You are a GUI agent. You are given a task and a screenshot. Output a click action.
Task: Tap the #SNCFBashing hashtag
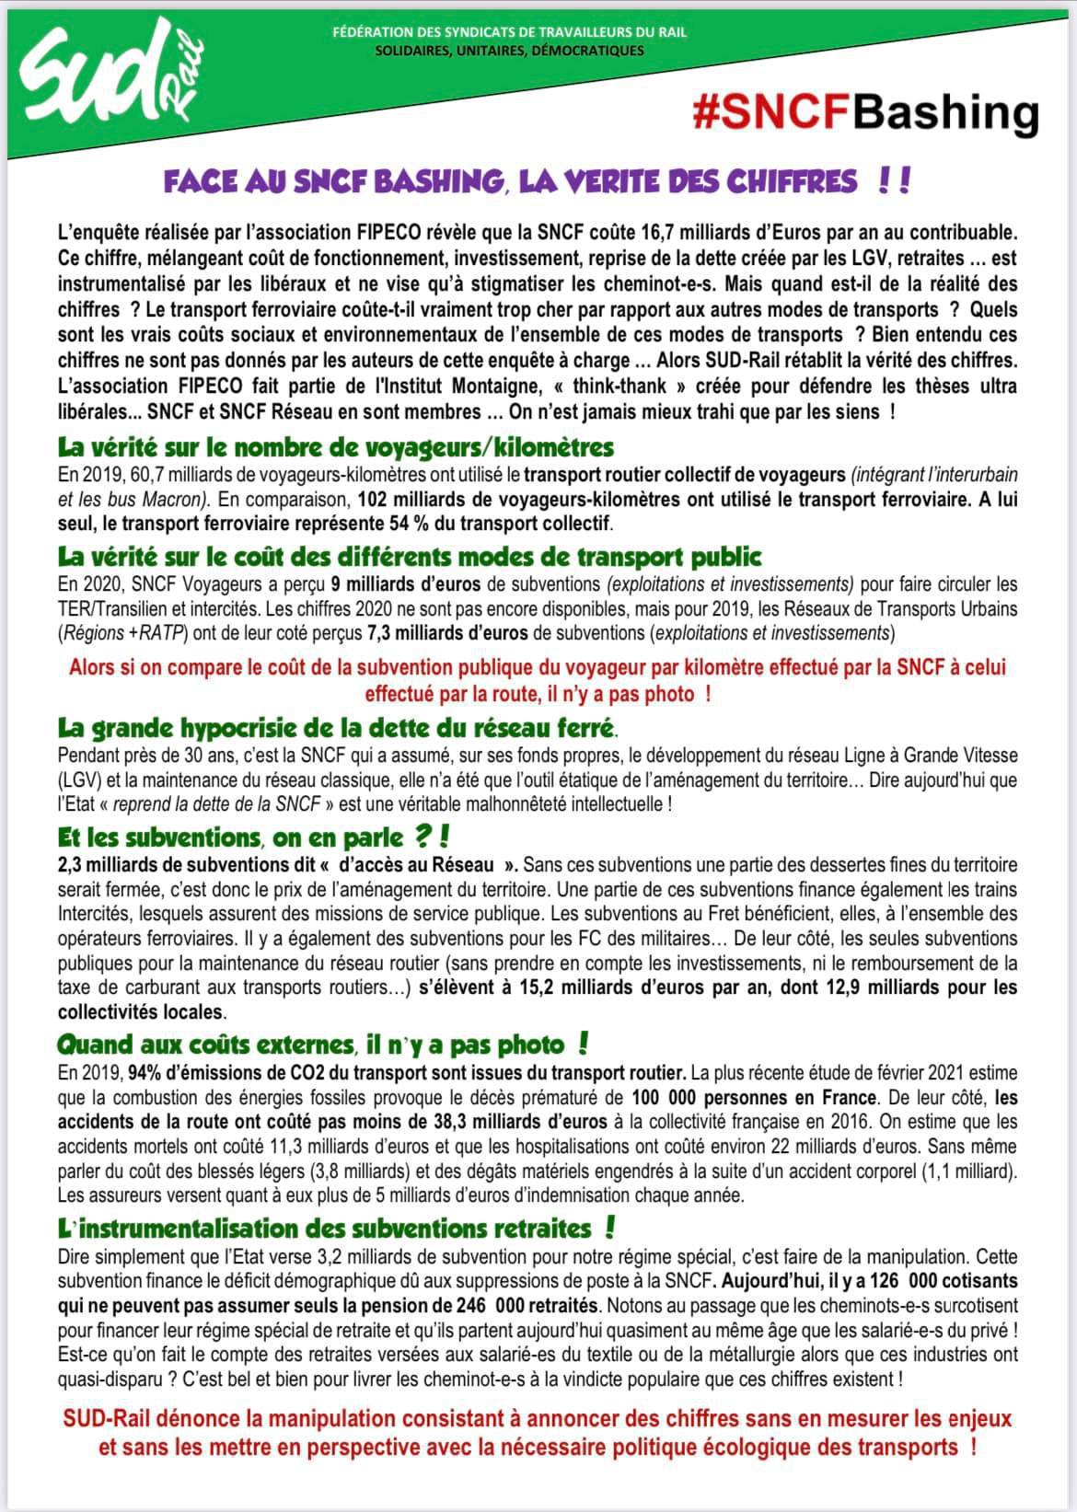[865, 112]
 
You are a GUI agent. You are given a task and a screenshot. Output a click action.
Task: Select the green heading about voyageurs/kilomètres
[335, 448]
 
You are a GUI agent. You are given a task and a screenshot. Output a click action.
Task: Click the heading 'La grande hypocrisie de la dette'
[337, 729]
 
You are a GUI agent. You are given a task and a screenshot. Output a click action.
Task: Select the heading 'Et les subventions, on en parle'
[253, 837]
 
